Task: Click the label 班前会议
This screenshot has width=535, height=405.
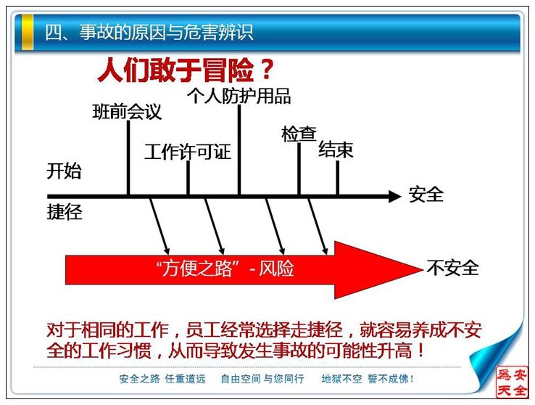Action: (127, 112)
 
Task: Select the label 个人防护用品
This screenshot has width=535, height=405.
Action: (239, 96)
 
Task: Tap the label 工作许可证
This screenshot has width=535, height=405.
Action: (188, 152)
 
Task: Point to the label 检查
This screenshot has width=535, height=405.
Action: (299, 134)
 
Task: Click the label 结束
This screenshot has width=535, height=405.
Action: (336, 150)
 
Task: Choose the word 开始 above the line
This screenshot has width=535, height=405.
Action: (64, 171)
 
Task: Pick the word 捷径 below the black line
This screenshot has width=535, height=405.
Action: (65, 212)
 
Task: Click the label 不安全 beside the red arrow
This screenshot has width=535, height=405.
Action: (452, 267)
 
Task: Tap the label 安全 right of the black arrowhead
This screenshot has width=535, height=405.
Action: (426, 195)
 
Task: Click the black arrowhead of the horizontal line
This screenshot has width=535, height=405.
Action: (394, 197)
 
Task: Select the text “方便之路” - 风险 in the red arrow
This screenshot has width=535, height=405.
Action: (225, 269)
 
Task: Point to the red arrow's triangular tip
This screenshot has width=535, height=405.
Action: (423, 269)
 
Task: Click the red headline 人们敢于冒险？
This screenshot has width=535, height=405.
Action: (186, 70)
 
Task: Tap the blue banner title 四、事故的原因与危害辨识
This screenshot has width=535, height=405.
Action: (149, 33)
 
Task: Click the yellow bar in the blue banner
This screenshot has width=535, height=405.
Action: (28, 33)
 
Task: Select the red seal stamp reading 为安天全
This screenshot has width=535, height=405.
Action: (512, 382)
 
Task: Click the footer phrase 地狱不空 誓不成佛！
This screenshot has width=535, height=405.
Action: (368, 379)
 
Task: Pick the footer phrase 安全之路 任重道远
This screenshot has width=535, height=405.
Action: (162, 379)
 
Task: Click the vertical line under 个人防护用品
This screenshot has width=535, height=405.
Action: (239, 150)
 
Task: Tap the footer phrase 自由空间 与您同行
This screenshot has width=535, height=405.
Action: (262, 379)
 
